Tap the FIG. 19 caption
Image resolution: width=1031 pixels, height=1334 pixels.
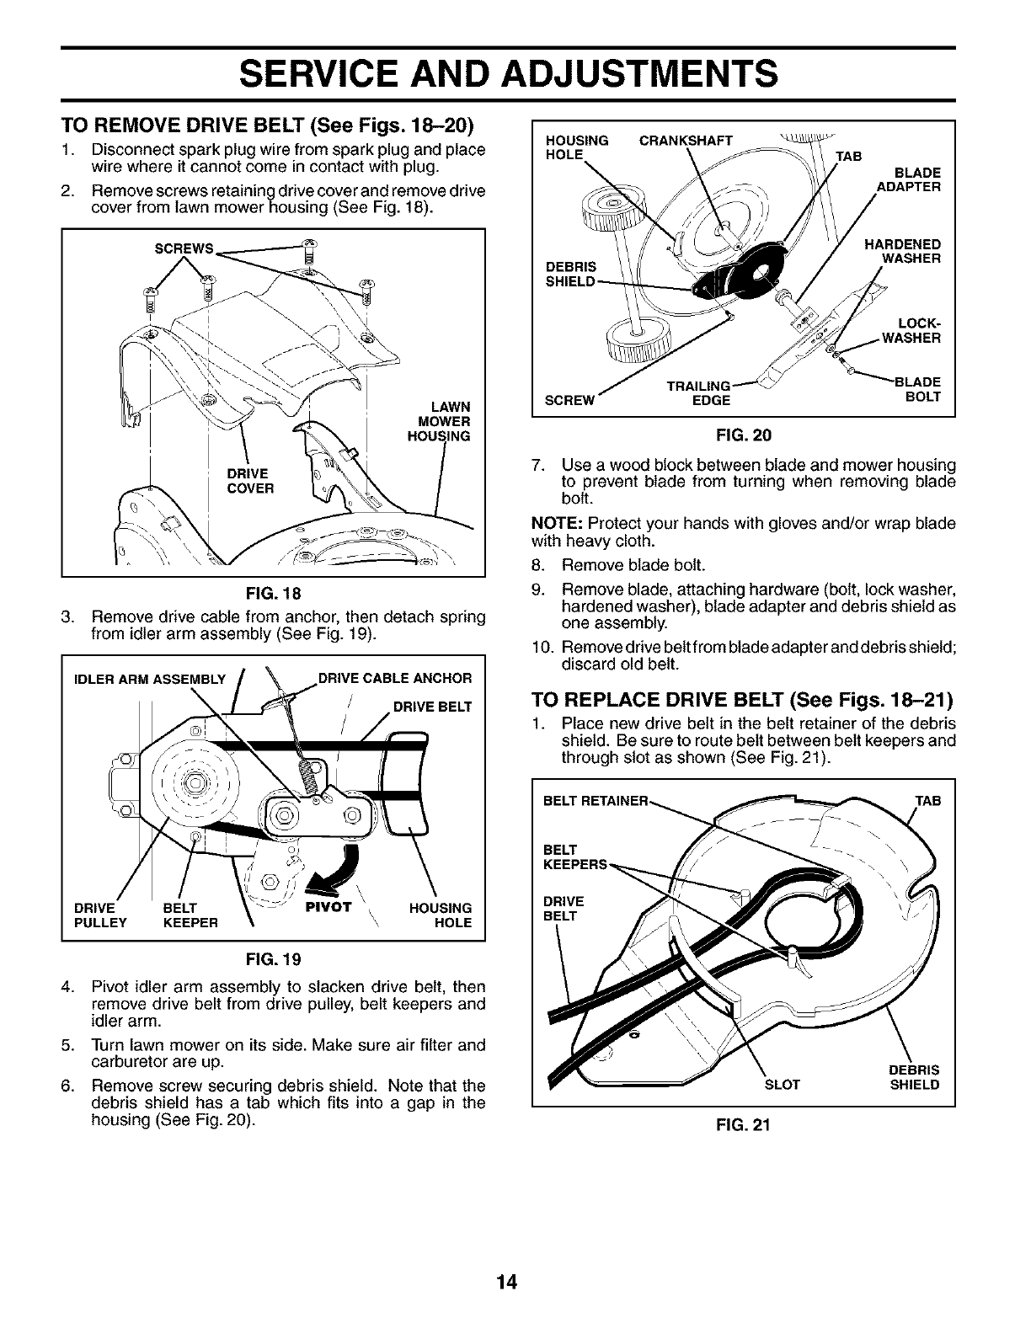(x=274, y=959)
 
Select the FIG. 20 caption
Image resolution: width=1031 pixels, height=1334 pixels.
(x=744, y=435)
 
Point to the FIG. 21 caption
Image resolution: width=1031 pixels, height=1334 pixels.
(x=744, y=1123)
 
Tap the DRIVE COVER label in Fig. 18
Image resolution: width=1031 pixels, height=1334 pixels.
(x=248, y=481)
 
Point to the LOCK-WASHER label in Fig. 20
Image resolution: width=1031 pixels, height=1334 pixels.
(x=911, y=331)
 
